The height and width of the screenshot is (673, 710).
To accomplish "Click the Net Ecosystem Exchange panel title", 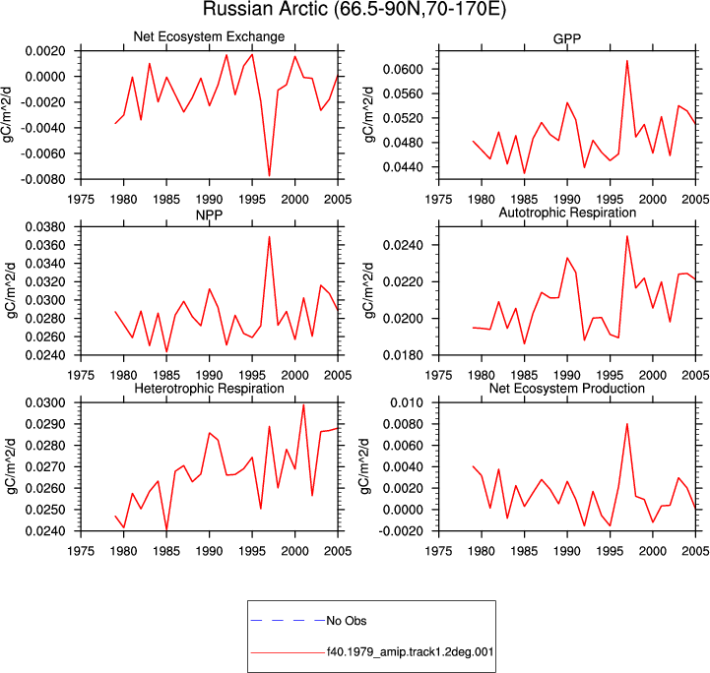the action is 209,36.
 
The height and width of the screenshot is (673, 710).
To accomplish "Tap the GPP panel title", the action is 567,39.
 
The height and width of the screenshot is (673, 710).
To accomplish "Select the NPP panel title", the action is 209,214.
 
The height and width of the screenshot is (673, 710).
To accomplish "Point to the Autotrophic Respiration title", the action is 567,213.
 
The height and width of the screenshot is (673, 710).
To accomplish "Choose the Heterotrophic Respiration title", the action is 209,389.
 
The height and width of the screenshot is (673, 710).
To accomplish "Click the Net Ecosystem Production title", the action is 567,389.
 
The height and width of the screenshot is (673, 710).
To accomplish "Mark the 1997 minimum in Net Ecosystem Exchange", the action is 270,175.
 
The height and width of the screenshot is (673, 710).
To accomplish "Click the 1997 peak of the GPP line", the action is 627,61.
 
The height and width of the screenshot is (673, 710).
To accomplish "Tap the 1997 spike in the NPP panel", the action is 270,236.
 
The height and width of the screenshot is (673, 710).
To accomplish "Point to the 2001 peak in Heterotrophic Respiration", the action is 303,404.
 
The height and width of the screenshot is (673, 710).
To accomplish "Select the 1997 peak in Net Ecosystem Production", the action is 627,424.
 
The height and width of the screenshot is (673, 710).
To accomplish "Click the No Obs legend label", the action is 347,621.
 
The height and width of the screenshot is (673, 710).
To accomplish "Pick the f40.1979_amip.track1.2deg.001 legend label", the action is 411,652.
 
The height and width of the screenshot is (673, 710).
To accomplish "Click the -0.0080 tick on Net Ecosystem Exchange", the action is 42,179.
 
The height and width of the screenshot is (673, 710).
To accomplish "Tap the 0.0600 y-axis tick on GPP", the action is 403,69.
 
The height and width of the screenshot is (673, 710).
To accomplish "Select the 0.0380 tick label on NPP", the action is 45,226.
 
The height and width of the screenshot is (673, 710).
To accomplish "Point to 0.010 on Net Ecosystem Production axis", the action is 407,402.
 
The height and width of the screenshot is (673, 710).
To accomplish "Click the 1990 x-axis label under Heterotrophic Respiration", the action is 209,551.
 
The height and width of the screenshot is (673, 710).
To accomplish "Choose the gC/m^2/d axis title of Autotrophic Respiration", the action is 369,290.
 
